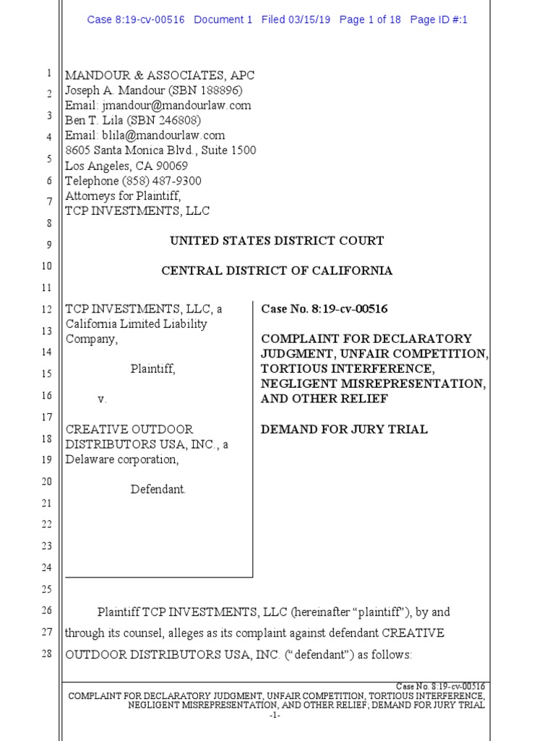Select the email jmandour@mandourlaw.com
pos(173,106)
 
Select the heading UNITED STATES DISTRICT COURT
pos(277,241)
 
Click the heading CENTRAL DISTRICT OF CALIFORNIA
pos(277,271)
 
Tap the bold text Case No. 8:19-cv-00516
pos(324,309)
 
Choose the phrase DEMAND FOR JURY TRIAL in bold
pos(344,429)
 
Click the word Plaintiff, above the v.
pos(152,369)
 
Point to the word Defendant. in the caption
pos(158,489)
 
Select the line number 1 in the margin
pos(48,74)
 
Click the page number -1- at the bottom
pos(274,716)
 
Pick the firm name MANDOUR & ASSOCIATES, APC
pos(160,75)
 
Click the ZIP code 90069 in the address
pos(172,166)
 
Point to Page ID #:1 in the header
pos(439,20)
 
